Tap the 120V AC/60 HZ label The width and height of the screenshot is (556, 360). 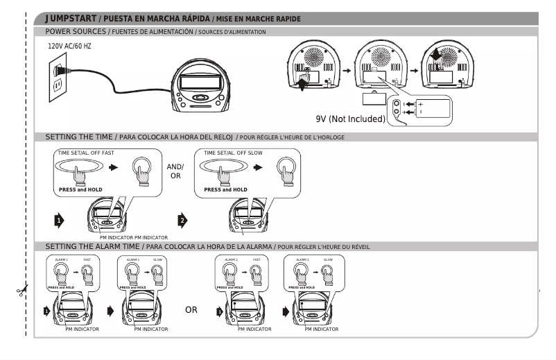(69, 46)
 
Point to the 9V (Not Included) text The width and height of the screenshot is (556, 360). (350, 119)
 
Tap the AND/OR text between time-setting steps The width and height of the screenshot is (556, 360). (175, 171)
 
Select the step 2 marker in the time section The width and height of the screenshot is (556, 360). (183, 221)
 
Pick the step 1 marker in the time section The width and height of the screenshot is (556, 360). (59, 221)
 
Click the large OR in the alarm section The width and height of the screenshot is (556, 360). (191, 310)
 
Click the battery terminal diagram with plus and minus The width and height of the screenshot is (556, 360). (422, 108)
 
